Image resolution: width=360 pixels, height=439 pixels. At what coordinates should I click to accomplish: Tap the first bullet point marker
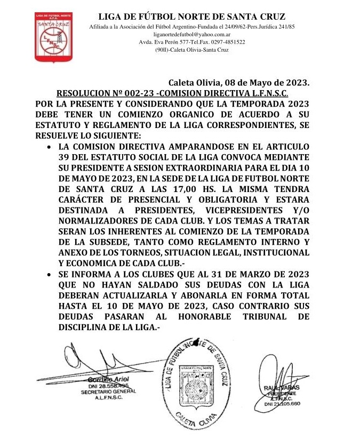(49, 146)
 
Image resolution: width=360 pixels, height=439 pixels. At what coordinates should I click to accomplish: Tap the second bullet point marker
(49, 274)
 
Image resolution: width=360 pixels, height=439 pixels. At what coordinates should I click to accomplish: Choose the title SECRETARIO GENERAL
(107, 391)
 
